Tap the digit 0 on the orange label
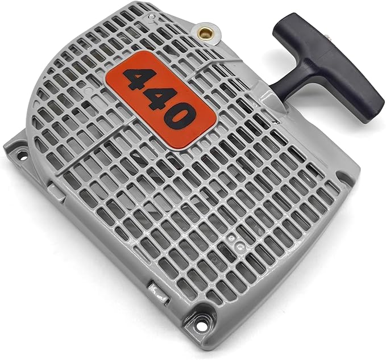[177, 115]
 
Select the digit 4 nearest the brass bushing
[138, 78]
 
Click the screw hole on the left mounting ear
[23, 156]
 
